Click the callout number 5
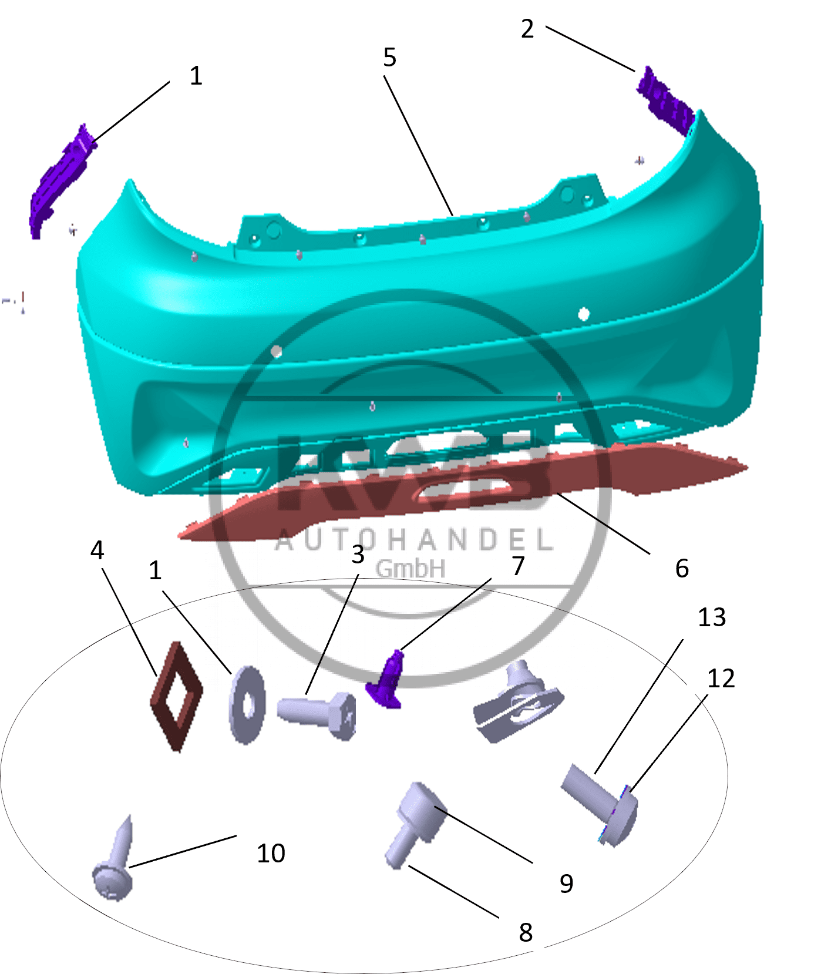(x=389, y=58)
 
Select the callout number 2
(x=527, y=29)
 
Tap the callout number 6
(x=682, y=568)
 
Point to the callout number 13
(x=712, y=617)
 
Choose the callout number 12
(x=721, y=679)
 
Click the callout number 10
(x=271, y=853)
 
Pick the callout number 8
(x=526, y=932)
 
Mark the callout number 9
(x=566, y=884)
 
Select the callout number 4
(x=97, y=550)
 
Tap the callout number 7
(x=518, y=566)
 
